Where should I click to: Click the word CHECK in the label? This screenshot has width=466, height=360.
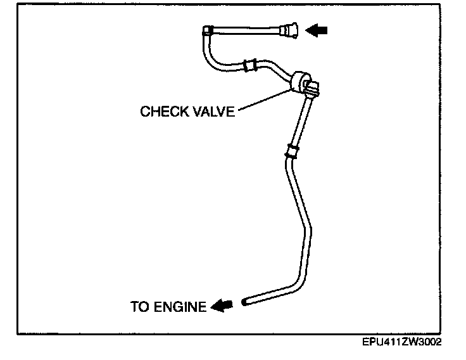click(163, 112)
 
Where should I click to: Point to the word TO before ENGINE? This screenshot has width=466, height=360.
click(139, 307)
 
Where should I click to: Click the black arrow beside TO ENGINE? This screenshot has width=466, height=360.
click(221, 306)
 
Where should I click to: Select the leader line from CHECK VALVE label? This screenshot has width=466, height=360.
click(260, 101)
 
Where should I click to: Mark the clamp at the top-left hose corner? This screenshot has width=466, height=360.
click(208, 29)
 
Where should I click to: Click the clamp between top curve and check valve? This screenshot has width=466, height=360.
click(249, 63)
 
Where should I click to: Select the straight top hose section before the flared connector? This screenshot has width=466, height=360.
click(247, 29)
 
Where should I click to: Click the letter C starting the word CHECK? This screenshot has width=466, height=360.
click(145, 112)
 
